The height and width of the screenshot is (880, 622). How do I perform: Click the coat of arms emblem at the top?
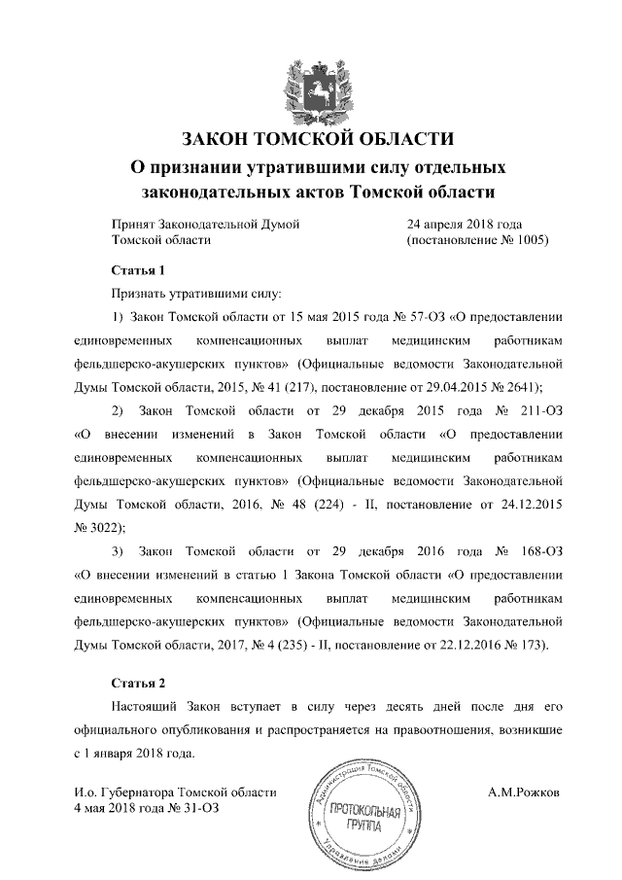[x=309, y=87]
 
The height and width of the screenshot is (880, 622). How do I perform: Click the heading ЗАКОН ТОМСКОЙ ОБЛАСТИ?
[x=310, y=137]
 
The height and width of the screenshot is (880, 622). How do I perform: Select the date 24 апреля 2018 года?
[x=467, y=224]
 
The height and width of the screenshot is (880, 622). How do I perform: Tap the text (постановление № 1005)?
[x=478, y=239]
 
